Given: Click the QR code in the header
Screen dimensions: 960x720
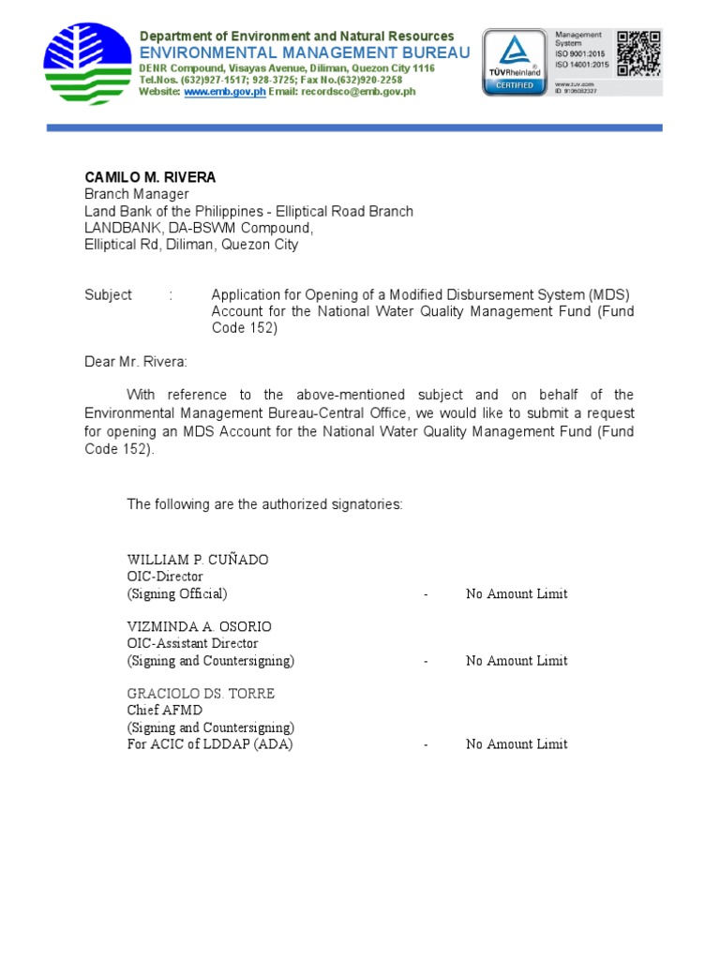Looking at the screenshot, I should click(638, 53).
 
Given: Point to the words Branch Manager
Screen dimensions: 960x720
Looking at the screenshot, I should click(137, 194).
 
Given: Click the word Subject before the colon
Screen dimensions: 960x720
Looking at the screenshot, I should click(108, 294).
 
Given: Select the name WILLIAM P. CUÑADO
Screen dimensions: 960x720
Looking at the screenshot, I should click(198, 560).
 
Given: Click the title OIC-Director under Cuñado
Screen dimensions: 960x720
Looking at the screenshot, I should click(165, 577).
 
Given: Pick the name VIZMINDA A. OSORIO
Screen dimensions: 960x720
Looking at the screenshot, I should click(200, 626).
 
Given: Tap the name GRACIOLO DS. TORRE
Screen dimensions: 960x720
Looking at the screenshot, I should click(201, 694).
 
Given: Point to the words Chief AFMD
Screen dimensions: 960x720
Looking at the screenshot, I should click(164, 711).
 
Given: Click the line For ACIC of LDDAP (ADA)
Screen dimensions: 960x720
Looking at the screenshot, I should click(210, 744).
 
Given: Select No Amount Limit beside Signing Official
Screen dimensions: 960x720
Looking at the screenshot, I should click(517, 593).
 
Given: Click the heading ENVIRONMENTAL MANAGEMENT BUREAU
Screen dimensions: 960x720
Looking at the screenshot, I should click(305, 52).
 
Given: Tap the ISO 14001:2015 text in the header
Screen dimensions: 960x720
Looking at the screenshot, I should click(582, 64).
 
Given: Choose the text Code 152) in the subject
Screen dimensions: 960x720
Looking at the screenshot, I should click(245, 328).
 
